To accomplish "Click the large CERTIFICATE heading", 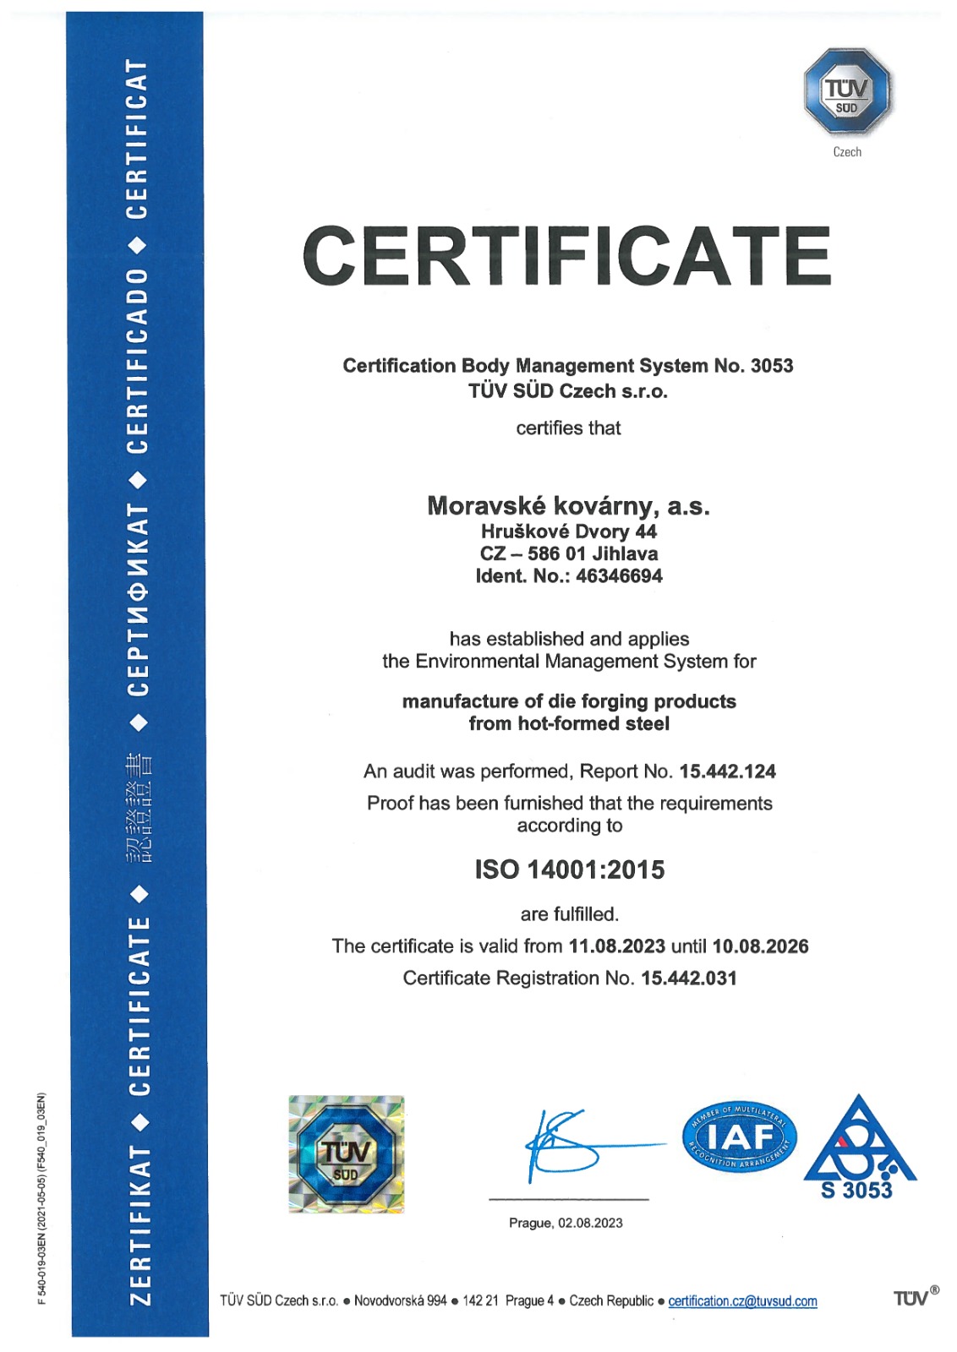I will point(566,256).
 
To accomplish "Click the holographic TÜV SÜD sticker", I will point(346,1154).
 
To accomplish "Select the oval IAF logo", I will point(739,1137).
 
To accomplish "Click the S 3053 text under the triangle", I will point(856,1190).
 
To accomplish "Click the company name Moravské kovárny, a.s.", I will point(568,505).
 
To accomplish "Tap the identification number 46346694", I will point(619,576).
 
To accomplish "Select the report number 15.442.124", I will point(727,771).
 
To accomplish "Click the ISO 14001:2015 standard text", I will point(569,870).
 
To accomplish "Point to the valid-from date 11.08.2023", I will point(616,946).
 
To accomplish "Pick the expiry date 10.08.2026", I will point(760,946).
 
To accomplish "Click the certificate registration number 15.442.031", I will point(689,978).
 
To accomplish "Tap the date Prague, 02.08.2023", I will point(566,1223).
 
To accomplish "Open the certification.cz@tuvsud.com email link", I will point(742,1300).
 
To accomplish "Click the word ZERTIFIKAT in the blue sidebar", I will point(139,1224).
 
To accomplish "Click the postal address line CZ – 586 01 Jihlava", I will point(568,553).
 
